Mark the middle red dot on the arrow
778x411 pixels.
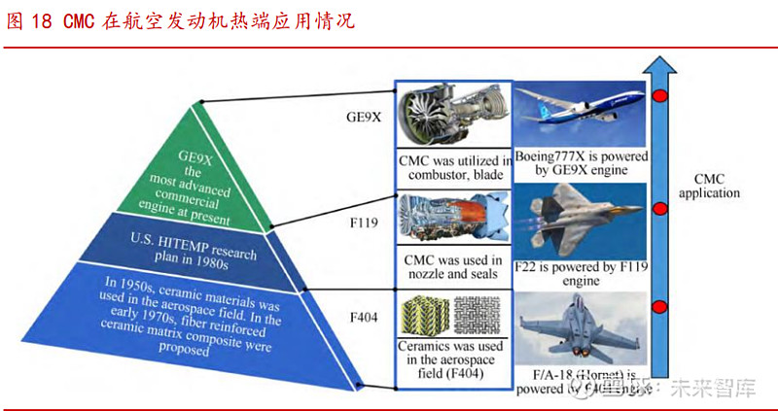click(660, 205)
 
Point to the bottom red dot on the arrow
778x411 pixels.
click(660, 307)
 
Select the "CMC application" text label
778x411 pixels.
click(717, 186)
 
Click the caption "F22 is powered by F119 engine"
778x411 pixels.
click(581, 273)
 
